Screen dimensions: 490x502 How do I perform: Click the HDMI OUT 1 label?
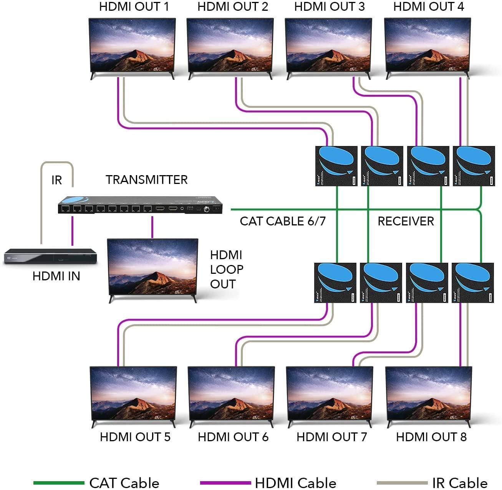pyautogui.click(x=134, y=7)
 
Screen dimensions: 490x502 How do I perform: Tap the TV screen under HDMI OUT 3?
pyautogui.click(x=328, y=45)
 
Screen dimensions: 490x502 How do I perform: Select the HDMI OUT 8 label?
pyautogui.click(x=431, y=437)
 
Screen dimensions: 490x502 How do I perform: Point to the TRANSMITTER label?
pyautogui.click(x=147, y=180)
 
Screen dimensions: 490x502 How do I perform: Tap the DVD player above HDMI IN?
pyautogui.click(x=50, y=256)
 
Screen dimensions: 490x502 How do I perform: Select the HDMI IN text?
pyautogui.click(x=56, y=276)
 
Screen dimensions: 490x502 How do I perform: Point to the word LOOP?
pyautogui.click(x=227, y=270)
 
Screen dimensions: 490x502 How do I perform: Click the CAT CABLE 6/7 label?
pyautogui.click(x=283, y=221)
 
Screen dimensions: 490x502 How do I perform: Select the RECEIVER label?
pyautogui.click(x=406, y=221)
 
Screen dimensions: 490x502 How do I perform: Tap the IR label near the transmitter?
pyautogui.click(x=56, y=180)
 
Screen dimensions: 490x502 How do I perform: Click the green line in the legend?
pyautogui.click(x=58, y=483)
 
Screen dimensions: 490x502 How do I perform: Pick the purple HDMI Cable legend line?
pyautogui.click(x=225, y=483)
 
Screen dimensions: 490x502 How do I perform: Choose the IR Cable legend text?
pyautogui.click(x=459, y=483)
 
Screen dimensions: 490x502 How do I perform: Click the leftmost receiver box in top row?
pyautogui.click(x=336, y=166)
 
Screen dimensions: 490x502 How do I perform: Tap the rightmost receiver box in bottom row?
pyautogui.click(x=473, y=283)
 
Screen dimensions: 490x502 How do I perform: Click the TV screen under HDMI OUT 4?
pyautogui.click(x=427, y=45)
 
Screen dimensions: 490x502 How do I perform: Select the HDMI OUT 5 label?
pyautogui.click(x=135, y=437)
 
